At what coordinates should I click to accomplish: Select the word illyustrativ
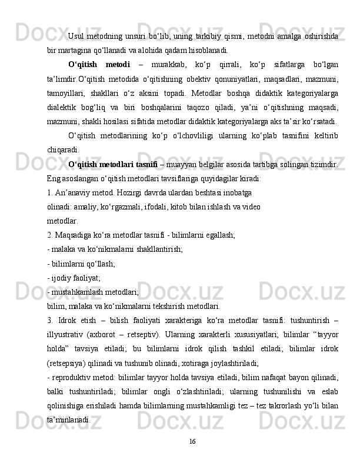(x=66, y=332)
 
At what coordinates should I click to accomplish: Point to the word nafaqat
(x=272, y=377)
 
